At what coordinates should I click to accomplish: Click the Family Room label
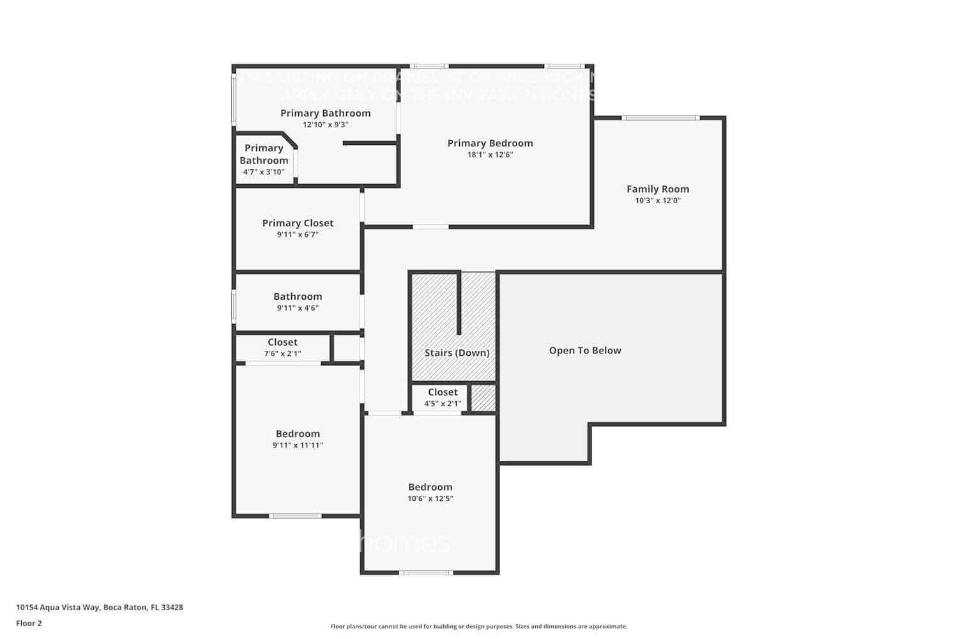tap(657, 189)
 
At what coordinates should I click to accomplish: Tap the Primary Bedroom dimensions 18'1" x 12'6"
tap(490, 155)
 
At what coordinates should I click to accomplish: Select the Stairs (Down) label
tap(457, 353)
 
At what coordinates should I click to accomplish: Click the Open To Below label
tap(585, 350)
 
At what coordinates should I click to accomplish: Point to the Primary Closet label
tap(298, 223)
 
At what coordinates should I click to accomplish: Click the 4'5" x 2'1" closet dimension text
tap(443, 404)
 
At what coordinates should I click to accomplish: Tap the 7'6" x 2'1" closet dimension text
tap(282, 354)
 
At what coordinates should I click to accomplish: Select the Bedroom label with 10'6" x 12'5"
tap(430, 487)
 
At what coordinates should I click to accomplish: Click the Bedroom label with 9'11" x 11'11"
tap(298, 434)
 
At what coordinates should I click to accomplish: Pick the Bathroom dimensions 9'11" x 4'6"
tap(298, 308)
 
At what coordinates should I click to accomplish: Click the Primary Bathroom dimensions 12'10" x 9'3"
tap(325, 125)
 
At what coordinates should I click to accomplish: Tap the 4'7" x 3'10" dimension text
tap(264, 173)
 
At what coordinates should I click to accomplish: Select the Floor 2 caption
tap(29, 624)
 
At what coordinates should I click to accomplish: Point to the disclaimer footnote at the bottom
tap(478, 627)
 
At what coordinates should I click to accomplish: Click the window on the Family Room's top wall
tap(660, 118)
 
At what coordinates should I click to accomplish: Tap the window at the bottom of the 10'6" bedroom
tap(426, 573)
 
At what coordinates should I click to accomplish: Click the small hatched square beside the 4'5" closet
tap(483, 398)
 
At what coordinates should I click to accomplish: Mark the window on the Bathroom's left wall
tap(234, 306)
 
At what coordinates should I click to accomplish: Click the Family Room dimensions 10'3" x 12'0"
tap(657, 201)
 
